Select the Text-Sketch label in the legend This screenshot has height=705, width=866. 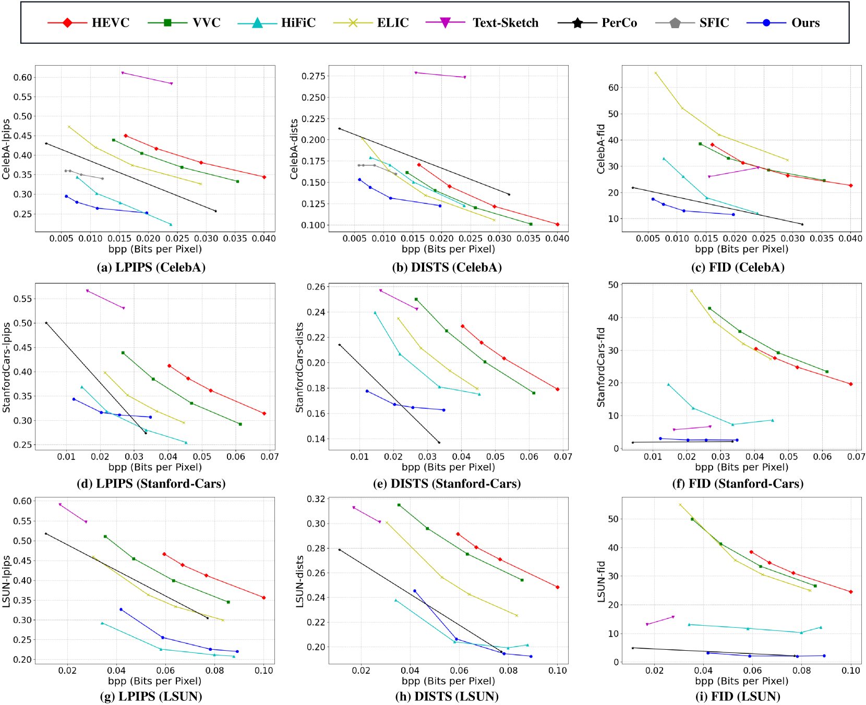505,23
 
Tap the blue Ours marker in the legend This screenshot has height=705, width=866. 766,23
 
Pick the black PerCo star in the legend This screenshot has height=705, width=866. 578,23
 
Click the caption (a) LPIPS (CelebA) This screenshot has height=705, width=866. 151,268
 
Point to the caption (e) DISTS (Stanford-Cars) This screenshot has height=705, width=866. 447,484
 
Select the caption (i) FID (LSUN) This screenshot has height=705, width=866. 738,697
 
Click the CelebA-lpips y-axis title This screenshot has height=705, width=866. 6,149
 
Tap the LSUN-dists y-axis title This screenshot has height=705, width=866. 299,581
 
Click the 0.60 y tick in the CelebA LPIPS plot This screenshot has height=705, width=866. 23,77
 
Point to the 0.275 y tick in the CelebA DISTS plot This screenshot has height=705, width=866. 314,76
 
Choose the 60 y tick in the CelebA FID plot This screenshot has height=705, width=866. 614,88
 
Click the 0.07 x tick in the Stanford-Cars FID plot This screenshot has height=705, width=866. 856,457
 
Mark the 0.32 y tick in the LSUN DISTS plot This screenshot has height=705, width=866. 317,499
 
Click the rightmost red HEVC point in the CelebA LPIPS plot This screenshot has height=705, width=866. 264,177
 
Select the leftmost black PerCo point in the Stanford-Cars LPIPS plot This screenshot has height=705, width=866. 46,323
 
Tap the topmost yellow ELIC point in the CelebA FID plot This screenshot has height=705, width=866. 656,73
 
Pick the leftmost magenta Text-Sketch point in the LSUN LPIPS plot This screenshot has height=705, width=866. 61,504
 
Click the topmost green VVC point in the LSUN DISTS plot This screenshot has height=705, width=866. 399,505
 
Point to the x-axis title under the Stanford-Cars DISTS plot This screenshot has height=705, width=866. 448,467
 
